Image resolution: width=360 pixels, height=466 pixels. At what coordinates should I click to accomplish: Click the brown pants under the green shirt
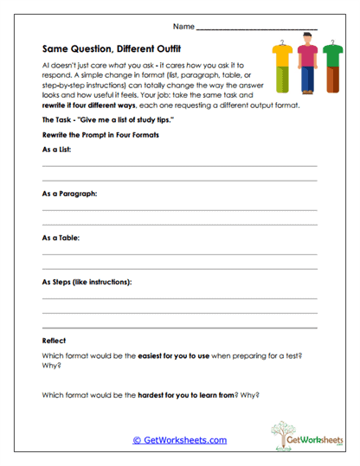tap(334, 80)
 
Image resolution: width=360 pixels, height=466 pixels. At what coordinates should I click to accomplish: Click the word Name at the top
tap(183, 28)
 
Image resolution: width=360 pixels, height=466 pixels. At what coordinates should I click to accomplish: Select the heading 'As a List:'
tap(56, 150)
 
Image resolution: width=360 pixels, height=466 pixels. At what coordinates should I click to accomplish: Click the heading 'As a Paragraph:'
tap(69, 194)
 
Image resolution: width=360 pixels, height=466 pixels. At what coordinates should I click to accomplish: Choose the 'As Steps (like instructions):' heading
tap(87, 282)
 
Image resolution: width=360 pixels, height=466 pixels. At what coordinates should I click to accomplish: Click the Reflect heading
tap(54, 341)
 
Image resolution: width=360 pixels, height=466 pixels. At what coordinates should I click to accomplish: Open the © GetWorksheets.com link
tap(180, 440)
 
